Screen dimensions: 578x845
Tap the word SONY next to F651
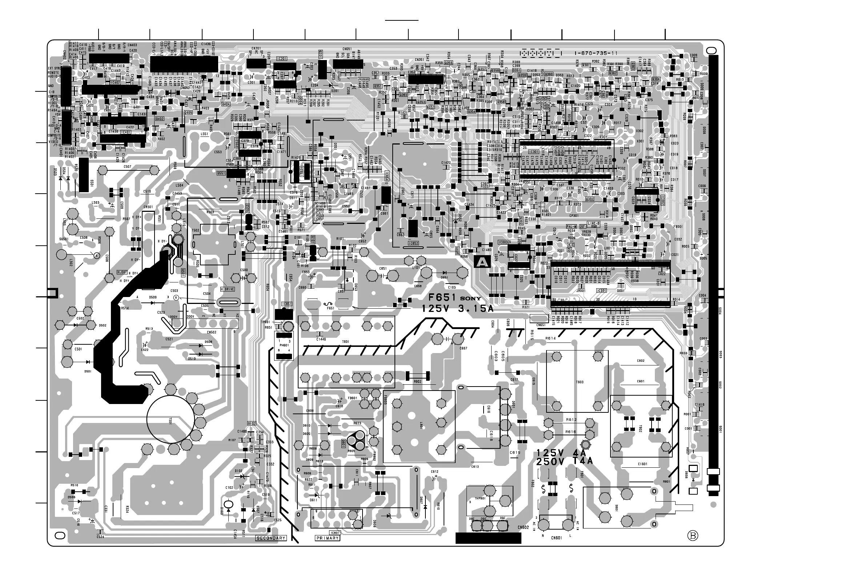point(470,299)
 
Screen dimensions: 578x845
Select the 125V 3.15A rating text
point(457,309)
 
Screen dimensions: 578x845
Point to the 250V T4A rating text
point(564,462)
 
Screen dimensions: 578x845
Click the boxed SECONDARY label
point(271,538)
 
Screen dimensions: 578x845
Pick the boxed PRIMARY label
point(327,538)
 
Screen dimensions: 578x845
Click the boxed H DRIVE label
point(228,289)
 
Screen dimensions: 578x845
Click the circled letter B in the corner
point(693,535)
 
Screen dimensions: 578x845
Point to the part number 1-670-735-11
point(596,54)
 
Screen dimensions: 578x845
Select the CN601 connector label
point(556,538)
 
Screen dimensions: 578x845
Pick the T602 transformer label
point(641,429)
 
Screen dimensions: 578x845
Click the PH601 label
point(283,345)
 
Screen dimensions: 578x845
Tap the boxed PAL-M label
point(572,226)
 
